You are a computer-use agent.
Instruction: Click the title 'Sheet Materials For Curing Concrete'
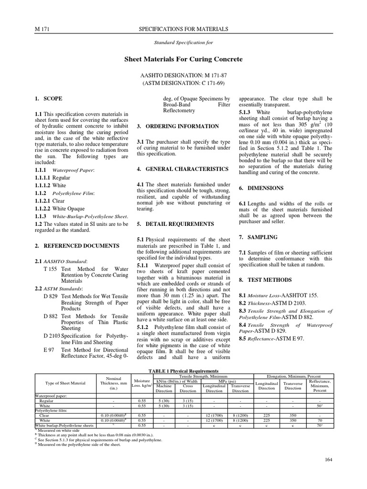[183, 59]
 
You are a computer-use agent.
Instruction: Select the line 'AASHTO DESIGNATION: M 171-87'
[183, 75]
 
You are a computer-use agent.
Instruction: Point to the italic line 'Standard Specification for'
[183, 43]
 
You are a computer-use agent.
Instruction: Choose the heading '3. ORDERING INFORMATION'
[178, 126]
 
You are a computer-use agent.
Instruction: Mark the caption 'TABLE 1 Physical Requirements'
[183, 371]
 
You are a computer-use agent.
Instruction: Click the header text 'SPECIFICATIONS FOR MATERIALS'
[183, 29]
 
